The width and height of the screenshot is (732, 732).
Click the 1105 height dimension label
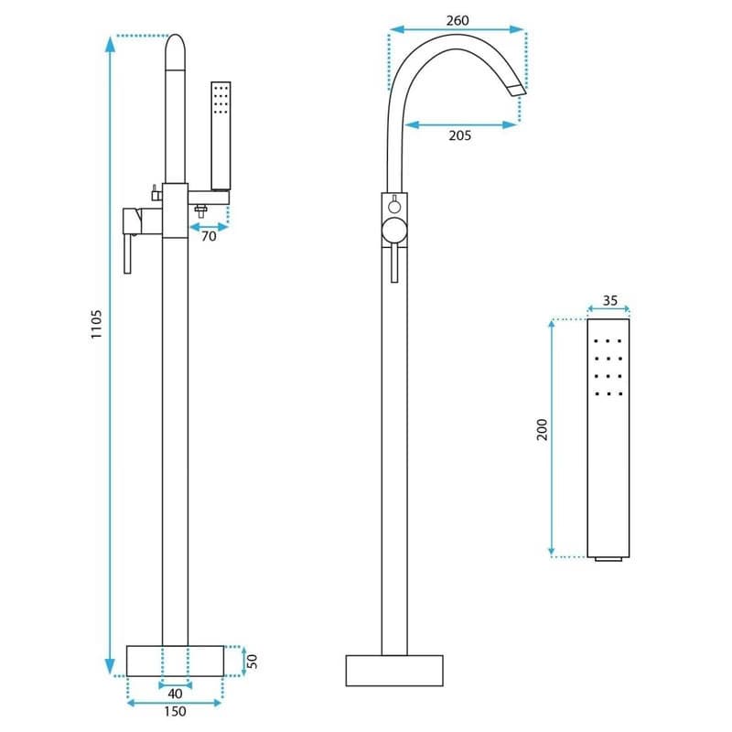point(96,324)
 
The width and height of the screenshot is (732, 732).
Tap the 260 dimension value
point(457,20)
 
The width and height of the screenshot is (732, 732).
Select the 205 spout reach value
point(460,135)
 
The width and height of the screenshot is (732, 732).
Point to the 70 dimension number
point(209,236)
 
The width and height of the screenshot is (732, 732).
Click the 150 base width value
point(175,712)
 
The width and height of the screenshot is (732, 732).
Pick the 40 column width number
point(175,694)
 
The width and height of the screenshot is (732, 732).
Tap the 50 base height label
point(252,661)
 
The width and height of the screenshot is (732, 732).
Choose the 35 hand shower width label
point(609,301)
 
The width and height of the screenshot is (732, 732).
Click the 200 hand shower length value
point(542,429)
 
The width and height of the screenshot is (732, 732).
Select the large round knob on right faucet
point(394,231)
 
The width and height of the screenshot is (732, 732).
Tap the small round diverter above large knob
point(394,205)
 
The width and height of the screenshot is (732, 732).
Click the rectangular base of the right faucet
point(394,671)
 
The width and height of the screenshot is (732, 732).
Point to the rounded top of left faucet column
point(176,51)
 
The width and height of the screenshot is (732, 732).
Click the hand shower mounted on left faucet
point(221,135)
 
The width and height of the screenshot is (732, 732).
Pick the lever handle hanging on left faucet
point(128,253)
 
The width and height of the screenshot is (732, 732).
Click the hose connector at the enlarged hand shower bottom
point(608,559)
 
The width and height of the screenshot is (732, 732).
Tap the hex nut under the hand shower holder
point(201,211)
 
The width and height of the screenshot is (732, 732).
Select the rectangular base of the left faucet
point(175,661)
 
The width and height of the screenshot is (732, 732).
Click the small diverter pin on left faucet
point(155,193)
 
